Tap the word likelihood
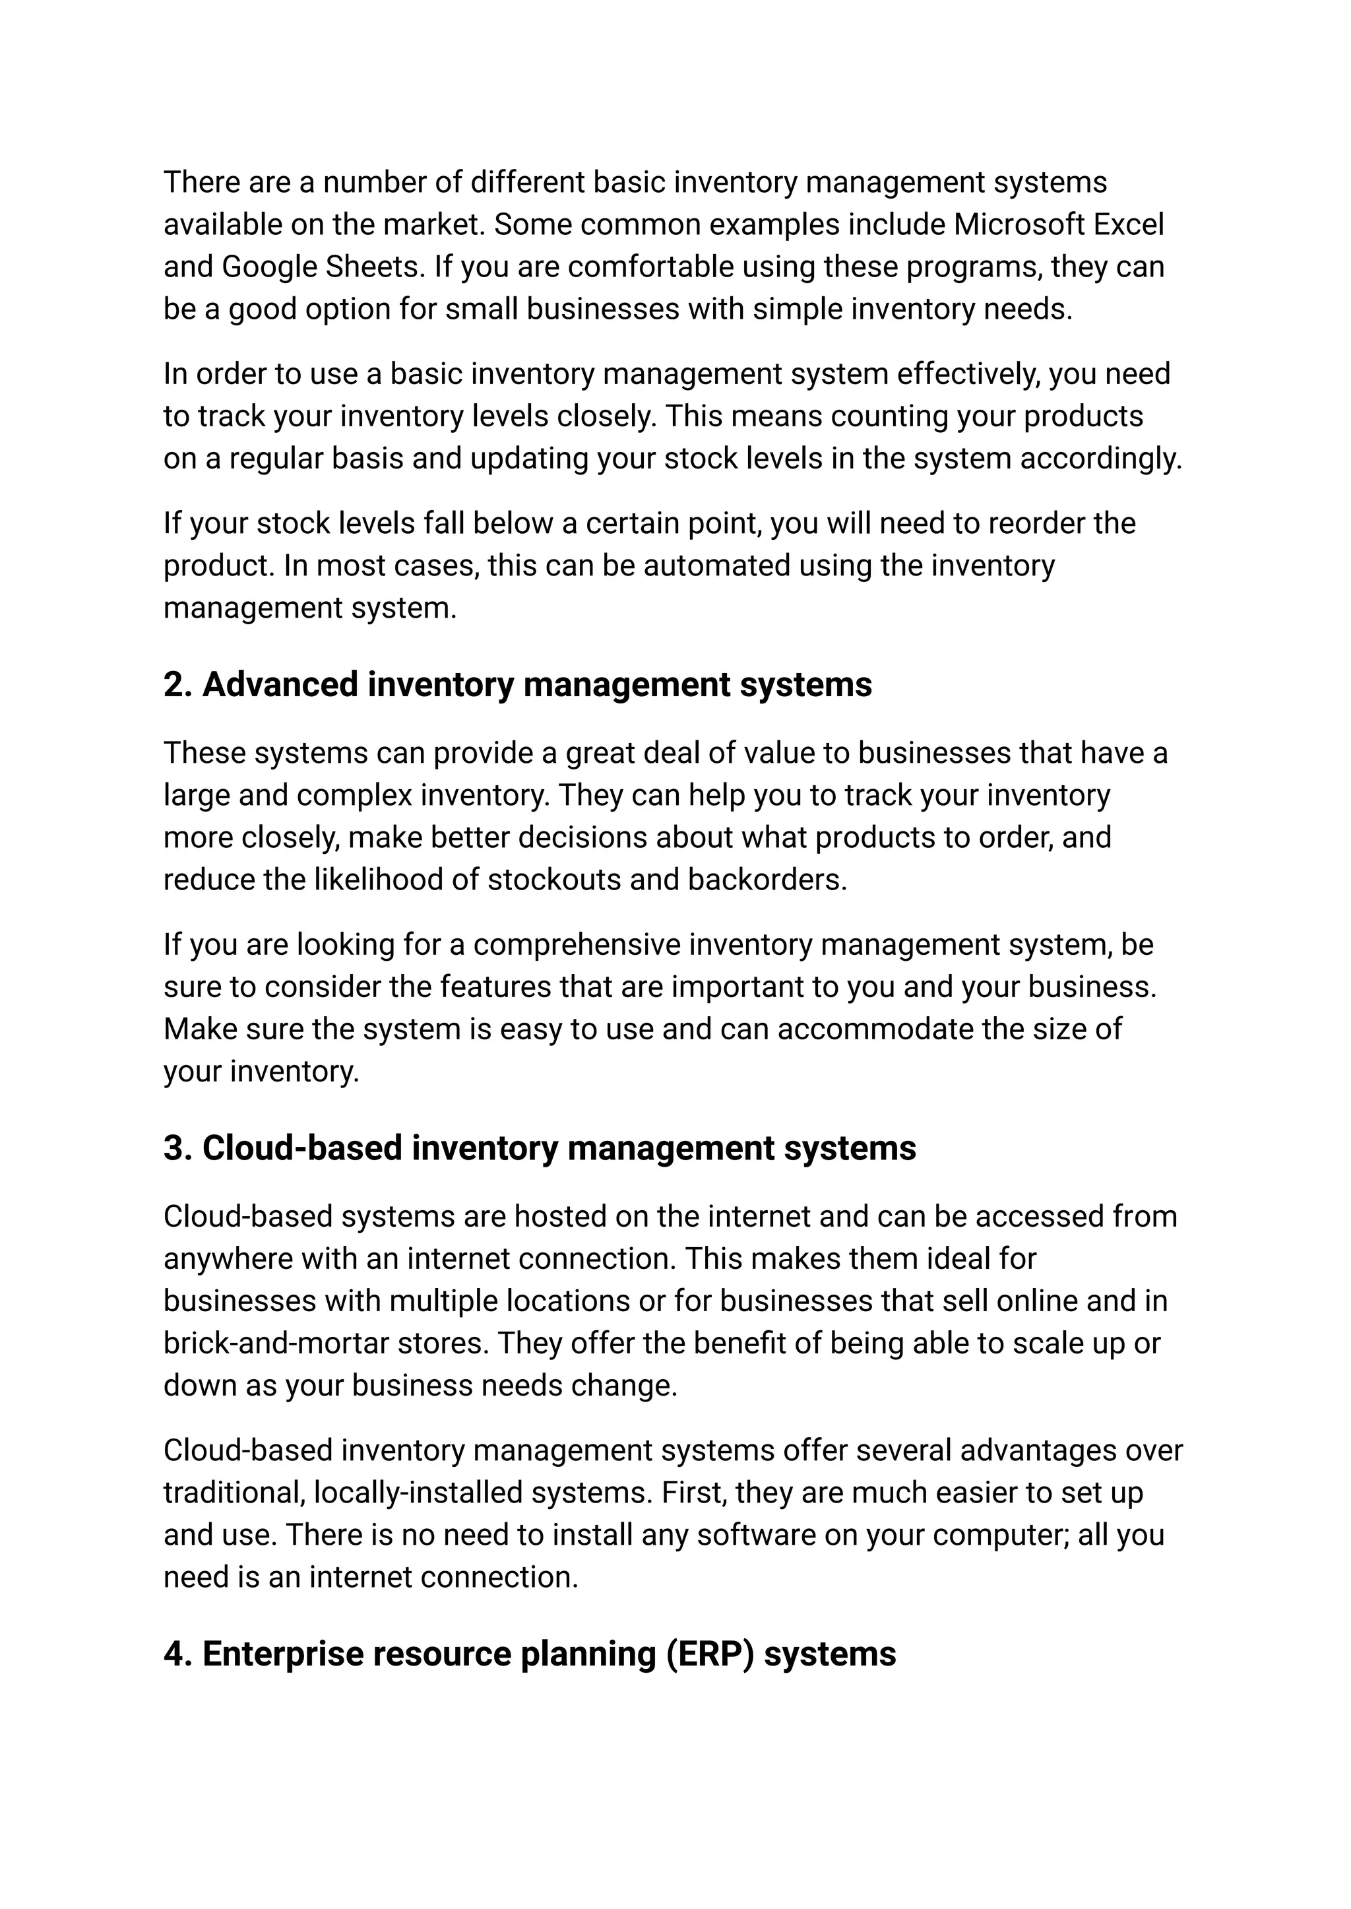(379, 880)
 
